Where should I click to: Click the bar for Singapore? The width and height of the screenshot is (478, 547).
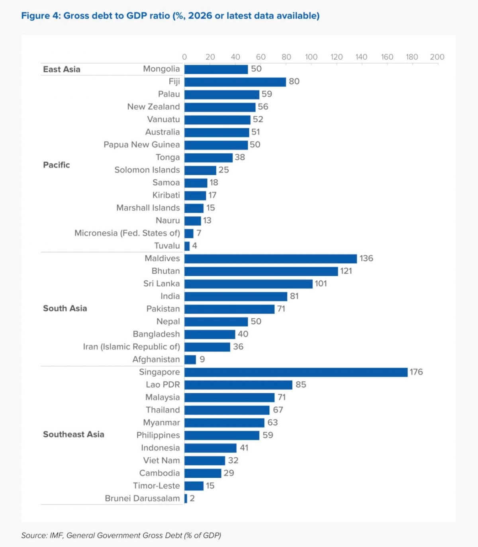(296, 372)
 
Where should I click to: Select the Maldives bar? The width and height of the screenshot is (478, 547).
(270, 259)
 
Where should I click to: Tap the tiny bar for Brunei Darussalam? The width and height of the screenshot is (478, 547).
(186, 498)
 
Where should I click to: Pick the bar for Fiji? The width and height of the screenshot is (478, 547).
(235, 82)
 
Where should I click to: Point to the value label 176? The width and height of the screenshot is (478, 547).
(416, 372)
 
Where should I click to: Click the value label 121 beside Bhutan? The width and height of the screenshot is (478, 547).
(346, 271)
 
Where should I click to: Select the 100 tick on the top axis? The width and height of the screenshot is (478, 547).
(311, 57)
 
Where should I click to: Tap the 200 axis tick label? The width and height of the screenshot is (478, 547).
(437, 57)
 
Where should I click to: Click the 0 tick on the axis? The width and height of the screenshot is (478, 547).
(184, 57)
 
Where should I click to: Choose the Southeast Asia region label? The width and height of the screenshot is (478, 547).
(73, 435)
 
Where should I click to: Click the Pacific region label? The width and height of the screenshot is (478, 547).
(56, 165)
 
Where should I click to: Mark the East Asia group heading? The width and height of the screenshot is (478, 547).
(62, 69)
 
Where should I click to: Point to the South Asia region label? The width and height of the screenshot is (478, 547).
(65, 308)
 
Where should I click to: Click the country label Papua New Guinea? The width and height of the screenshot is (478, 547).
(141, 145)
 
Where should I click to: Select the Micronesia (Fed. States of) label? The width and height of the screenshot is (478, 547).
(127, 233)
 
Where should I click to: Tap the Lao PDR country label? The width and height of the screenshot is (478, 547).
(163, 385)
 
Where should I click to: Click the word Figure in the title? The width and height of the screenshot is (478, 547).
(35, 16)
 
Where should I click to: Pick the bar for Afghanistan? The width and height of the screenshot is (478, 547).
(190, 360)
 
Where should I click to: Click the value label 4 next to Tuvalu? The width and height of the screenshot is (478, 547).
(194, 246)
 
